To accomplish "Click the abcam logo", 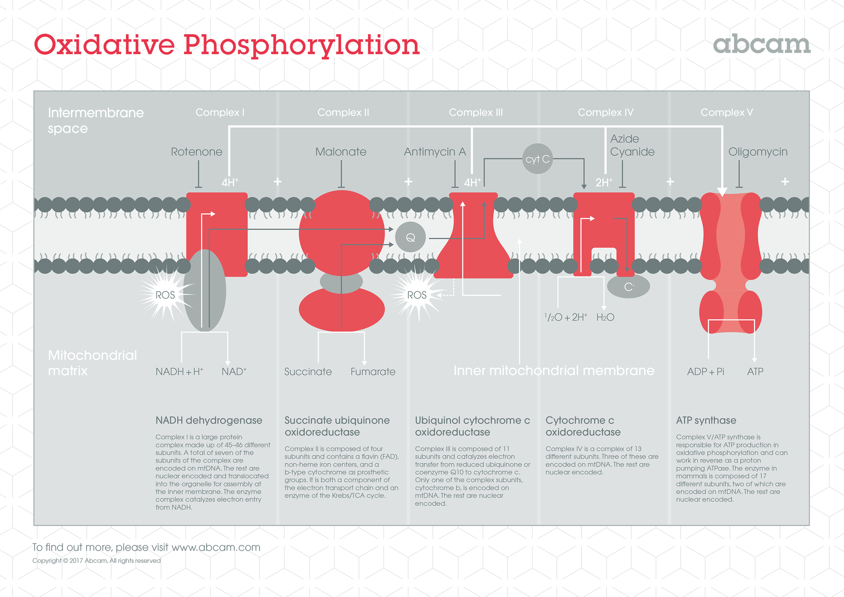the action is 762,44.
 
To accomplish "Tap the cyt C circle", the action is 538,159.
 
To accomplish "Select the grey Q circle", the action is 410,237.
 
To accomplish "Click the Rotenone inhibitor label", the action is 197,152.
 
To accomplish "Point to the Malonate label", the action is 341,152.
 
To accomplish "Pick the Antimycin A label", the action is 435,152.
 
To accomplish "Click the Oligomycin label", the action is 758,152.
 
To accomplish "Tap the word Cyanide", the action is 632,152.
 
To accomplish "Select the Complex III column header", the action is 476,112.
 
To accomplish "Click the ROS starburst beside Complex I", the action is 165,295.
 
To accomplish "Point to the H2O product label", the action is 605,317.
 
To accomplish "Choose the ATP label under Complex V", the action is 755,371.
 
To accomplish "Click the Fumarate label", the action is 373,371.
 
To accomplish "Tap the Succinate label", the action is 308,371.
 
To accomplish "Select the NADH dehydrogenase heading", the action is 209,420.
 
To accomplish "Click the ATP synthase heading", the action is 706,420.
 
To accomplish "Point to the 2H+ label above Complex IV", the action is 604,182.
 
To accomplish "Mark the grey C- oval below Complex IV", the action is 628,286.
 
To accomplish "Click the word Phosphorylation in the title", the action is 302,45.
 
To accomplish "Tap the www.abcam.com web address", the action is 216,548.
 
